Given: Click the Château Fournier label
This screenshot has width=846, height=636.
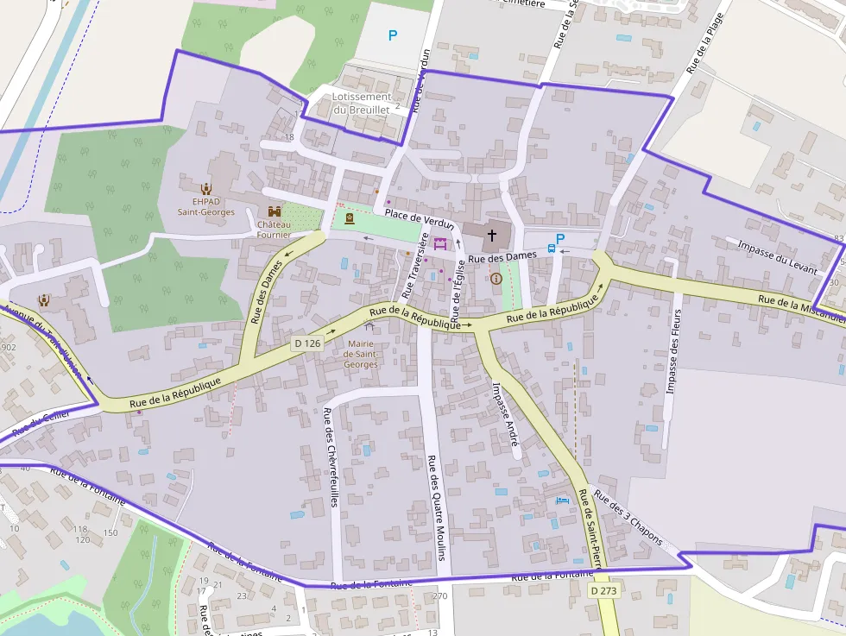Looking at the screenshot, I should point(274,228).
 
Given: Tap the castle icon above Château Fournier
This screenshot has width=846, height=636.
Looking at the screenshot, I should point(275,211).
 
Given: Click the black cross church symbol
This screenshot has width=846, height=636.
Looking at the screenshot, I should point(492,234).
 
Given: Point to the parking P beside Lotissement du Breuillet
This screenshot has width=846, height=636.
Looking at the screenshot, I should point(393,35).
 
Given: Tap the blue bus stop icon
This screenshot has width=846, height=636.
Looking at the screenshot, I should point(551,249).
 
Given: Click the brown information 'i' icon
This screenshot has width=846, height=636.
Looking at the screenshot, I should point(496,279).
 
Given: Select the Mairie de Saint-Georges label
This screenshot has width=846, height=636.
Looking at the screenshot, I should point(361,354).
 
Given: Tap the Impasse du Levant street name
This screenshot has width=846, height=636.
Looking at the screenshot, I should point(777,257).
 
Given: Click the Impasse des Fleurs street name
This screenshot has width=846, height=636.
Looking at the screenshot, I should point(673,351).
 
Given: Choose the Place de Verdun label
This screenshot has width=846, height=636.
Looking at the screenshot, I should point(420,219).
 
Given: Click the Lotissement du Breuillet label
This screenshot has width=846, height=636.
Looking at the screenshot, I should point(362,103).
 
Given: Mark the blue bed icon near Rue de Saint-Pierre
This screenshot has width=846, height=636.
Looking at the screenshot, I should point(563,500).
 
